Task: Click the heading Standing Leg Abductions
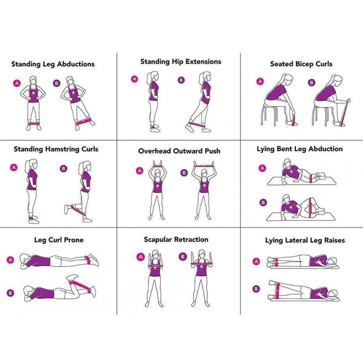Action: [53, 64]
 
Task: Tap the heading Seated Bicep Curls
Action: [301, 64]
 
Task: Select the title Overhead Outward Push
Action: [179, 151]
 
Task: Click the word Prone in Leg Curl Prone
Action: [74, 240]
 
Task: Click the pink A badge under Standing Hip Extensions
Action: [135, 79]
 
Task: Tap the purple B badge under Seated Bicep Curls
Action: [311, 82]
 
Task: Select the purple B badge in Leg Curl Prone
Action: [10, 293]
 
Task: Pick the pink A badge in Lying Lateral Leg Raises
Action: [256, 262]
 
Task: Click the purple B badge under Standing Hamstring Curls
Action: [63, 168]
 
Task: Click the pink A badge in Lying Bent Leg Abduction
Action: [262, 168]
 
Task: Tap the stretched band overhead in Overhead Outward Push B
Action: [204, 166]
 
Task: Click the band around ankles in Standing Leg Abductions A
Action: [34, 123]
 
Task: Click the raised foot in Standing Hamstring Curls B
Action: [66, 209]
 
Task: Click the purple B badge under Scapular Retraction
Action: [183, 257]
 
